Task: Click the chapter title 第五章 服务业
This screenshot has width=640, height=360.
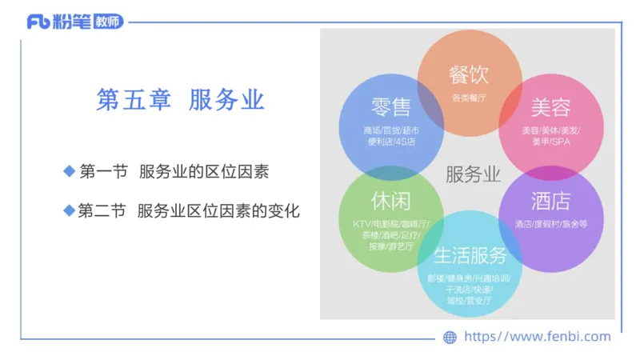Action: (180, 100)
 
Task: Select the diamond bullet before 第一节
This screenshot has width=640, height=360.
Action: (69, 171)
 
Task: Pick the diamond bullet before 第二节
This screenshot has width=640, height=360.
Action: (69, 211)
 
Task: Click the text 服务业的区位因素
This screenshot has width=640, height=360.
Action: (204, 172)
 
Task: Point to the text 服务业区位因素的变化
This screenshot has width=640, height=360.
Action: (218, 212)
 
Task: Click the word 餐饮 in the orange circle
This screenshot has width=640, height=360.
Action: (469, 75)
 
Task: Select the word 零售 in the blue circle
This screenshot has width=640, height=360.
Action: (390, 107)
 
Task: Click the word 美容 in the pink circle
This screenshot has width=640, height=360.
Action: (551, 107)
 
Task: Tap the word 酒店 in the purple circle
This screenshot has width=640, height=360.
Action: (550, 199)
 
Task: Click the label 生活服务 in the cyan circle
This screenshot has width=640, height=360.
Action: (470, 256)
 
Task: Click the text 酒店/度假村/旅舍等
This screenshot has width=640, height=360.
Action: (551, 224)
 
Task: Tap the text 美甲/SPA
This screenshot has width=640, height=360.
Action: (551, 142)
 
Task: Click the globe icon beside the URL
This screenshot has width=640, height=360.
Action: (450, 337)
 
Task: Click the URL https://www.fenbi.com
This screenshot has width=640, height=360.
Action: (537, 337)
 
